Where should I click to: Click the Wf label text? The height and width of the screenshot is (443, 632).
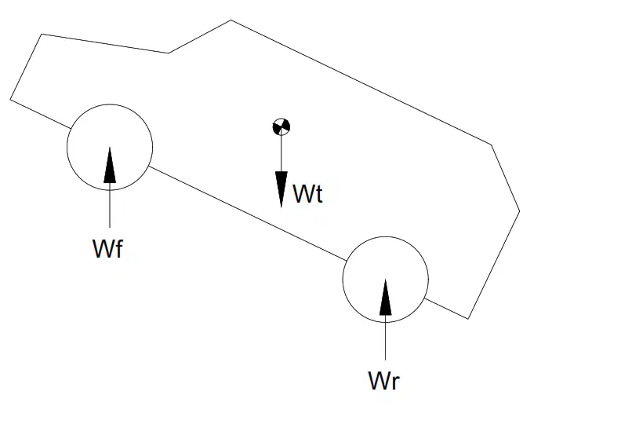[x=107, y=248]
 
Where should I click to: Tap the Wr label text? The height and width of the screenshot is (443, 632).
[x=383, y=380]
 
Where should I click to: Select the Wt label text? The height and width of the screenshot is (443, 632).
[x=308, y=194]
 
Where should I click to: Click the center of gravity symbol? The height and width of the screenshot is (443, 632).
[x=281, y=126]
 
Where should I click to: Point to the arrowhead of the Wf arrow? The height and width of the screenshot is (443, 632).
[x=110, y=165]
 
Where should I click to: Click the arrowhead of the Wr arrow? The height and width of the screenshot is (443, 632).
[x=385, y=297]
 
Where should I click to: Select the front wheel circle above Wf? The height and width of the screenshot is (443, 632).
[x=110, y=104]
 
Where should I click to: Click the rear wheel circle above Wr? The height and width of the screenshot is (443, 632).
[x=386, y=237]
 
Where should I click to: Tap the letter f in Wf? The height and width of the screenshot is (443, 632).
[x=118, y=248]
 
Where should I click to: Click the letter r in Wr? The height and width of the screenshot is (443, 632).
[x=395, y=383]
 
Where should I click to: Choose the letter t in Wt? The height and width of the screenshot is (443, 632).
[x=319, y=195]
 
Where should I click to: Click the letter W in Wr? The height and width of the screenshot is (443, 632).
[x=379, y=380]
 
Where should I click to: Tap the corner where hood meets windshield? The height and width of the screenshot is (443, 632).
[x=168, y=53]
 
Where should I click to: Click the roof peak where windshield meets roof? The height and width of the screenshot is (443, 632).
[x=231, y=20]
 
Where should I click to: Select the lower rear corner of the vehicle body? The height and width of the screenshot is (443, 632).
[x=468, y=319]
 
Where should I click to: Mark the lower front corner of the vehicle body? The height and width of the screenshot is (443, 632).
[x=10, y=99]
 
